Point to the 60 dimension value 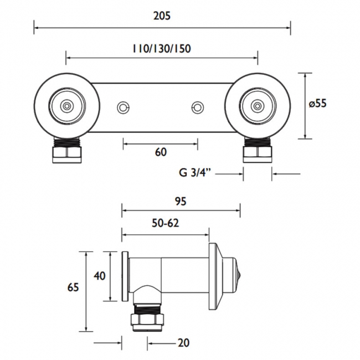(x=161, y=152)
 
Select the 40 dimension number (x=99, y=275)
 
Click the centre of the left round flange (x=67, y=105)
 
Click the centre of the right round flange (x=257, y=105)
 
